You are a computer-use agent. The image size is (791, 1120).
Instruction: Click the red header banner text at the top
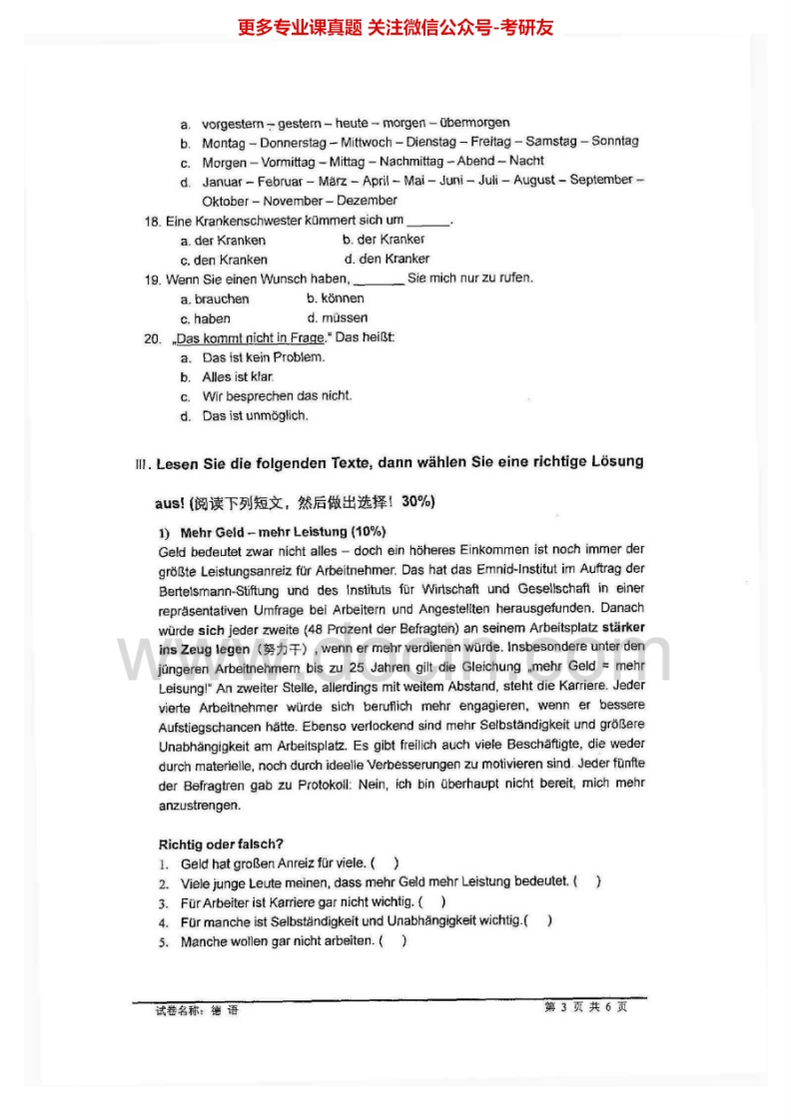(395, 27)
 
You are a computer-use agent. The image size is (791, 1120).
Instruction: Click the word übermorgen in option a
(474, 123)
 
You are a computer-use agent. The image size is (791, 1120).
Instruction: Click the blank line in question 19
(379, 280)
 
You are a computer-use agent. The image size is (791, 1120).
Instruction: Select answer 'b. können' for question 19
(336, 298)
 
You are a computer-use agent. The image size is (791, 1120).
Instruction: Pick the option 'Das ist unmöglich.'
(255, 416)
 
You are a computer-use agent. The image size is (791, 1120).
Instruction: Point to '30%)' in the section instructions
(418, 501)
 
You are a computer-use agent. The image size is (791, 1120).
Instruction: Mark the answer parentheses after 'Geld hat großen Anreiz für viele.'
(384, 863)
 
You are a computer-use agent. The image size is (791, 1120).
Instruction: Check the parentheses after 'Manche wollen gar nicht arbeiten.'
(393, 941)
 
